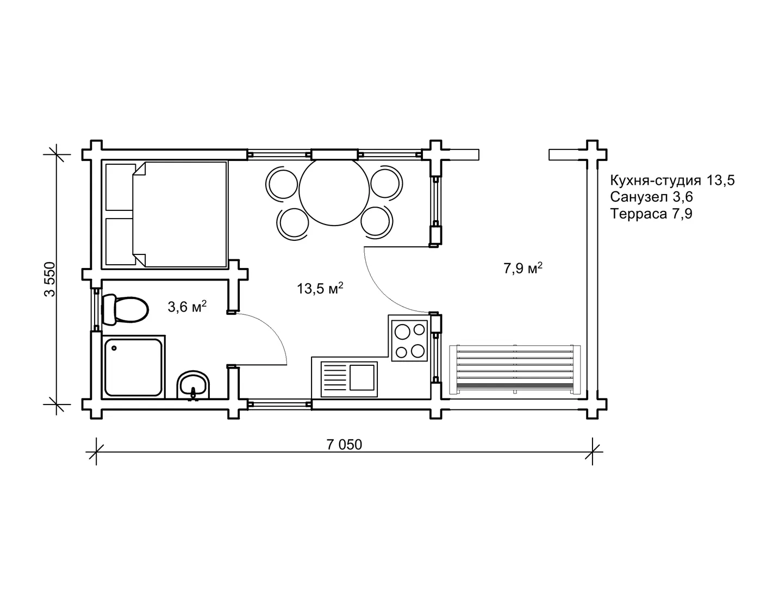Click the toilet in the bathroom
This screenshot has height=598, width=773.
[124, 309]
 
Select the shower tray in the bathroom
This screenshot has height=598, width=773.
[133, 367]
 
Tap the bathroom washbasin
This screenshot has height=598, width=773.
[193, 385]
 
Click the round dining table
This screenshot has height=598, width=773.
[334, 191]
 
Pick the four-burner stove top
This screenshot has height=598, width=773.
[409, 341]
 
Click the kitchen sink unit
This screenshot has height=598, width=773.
[349, 379]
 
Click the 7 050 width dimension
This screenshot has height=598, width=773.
[344, 445]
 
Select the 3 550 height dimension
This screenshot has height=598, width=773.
[50, 279]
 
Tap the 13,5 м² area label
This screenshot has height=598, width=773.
[320, 288]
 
